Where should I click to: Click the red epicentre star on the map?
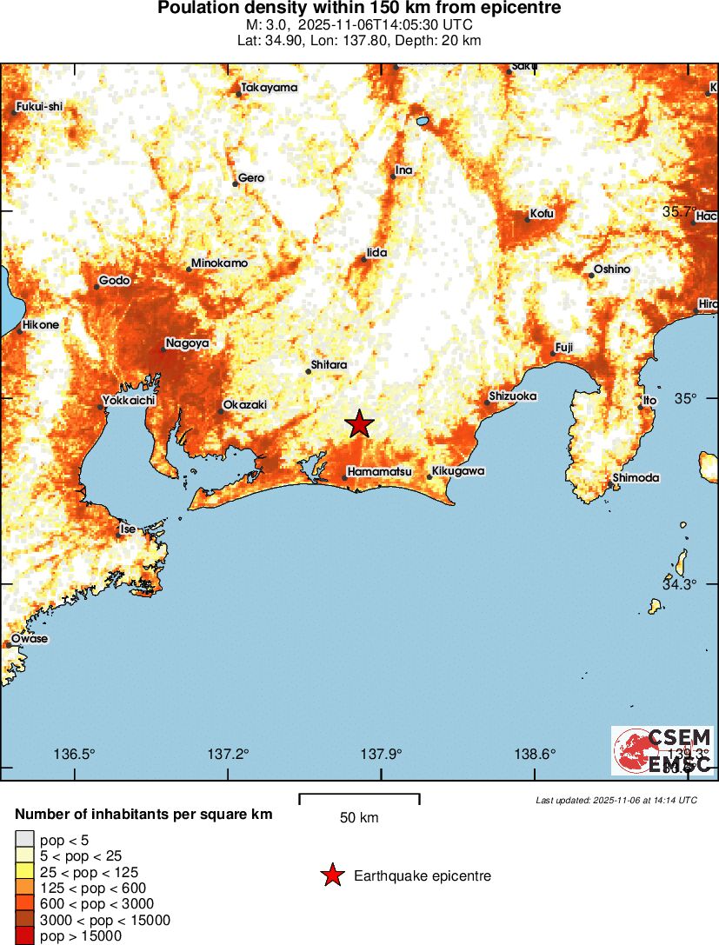click(359, 424)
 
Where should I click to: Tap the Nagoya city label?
click(187, 343)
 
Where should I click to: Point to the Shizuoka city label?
click(513, 396)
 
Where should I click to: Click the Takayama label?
click(270, 88)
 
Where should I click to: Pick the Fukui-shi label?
click(39, 108)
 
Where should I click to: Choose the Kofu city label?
click(542, 214)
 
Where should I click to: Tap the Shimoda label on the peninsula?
click(636, 478)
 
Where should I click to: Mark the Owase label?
click(30, 639)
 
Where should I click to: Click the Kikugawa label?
click(456, 472)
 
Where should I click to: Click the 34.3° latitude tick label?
click(679, 584)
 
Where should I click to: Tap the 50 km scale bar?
click(359, 798)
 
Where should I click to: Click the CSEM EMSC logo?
click(662, 750)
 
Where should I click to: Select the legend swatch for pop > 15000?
click(25, 936)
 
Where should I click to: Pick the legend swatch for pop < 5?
click(25, 840)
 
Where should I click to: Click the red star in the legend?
click(332, 875)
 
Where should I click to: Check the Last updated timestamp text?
click(616, 800)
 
